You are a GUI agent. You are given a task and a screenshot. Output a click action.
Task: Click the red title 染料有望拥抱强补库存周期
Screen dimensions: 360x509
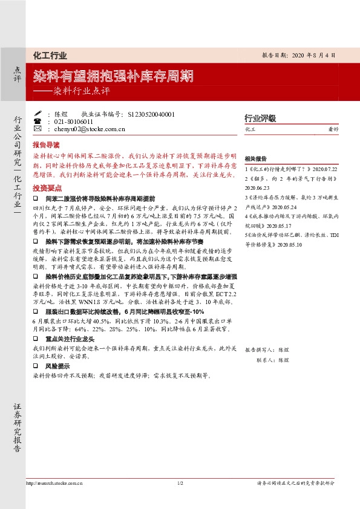pos(113,77)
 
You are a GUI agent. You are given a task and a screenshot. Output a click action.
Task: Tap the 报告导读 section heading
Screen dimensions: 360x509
pos(46,145)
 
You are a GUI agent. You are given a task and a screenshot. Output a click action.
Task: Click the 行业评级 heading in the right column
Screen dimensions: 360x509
pos(260,118)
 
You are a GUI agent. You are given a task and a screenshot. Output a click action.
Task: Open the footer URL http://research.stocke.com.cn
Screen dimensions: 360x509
pos(54,484)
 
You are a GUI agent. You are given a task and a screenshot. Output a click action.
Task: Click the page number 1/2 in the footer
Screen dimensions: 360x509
pos(180,484)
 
